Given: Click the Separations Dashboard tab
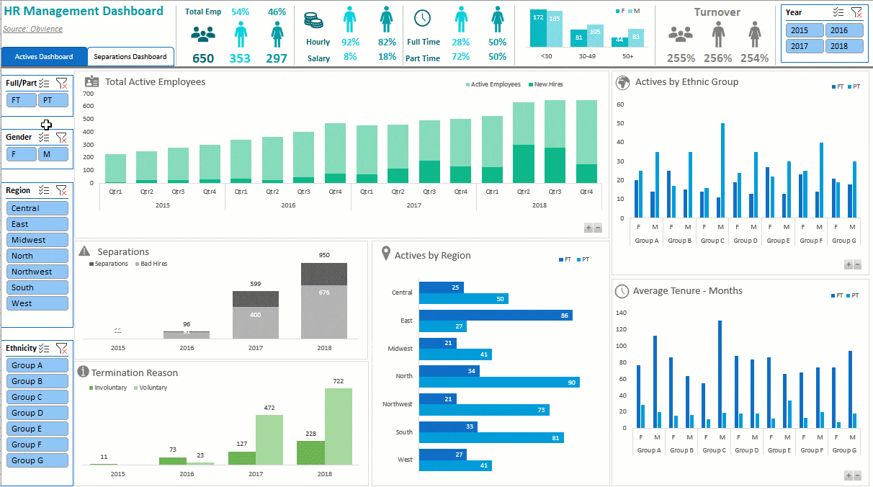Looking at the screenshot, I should pos(130,56).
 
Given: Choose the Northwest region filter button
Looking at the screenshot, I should pos(37,272).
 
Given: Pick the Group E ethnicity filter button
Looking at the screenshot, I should pos(37,429).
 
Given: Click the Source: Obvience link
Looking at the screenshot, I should pos(32,29).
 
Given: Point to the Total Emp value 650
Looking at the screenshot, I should pos(203,58).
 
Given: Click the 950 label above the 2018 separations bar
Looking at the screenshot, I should pos(324,255).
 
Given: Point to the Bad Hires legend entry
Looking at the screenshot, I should pos(153,264).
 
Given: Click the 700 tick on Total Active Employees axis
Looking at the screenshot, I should pos(89,94).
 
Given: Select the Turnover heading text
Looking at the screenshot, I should pos(717,12).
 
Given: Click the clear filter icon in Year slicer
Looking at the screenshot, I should pos(856,12).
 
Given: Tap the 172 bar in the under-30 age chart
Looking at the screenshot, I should pos(538,29).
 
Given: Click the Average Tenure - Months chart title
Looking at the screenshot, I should pos(687,291).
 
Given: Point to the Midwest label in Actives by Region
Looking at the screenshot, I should pos(400,349).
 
